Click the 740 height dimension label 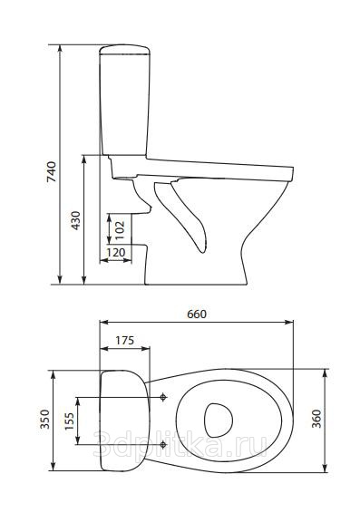coord(52,171)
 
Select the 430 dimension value coord(76,220)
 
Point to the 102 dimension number coord(120,230)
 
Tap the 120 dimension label coord(116,253)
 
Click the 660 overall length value coord(197,314)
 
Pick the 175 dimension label coord(124,340)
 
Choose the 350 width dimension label coord(44,420)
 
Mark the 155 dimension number coord(69,421)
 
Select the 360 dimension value coord(316,419)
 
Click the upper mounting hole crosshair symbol coord(164,397)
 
